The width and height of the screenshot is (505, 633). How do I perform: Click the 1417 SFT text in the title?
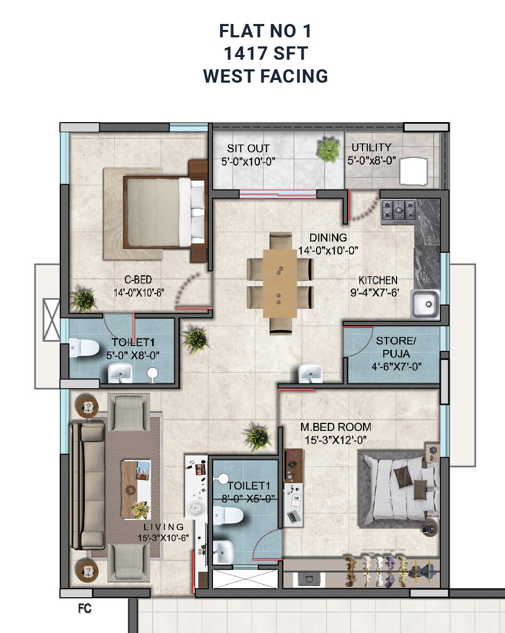[265, 53]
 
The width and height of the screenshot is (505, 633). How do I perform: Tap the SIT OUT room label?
[248, 148]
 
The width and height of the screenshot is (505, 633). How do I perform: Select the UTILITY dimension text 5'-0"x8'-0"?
[372, 161]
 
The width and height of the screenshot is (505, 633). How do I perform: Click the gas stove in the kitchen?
[398, 211]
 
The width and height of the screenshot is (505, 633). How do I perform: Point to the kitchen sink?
[425, 305]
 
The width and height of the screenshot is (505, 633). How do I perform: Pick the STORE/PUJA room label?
[394, 346]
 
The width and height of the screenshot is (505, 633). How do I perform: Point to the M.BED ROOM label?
[335, 427]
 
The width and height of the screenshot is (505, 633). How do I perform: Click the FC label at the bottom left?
[84, 608]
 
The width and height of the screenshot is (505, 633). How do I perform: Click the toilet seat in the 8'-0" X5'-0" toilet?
[228, 515]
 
